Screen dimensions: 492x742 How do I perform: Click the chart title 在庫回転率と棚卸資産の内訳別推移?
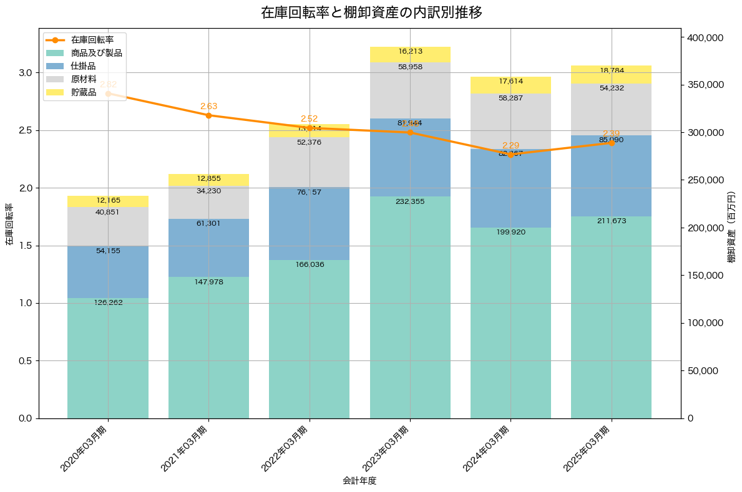pyautogui.click(x=371, y=12)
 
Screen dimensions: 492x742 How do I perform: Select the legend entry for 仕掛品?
pyautogui.click(x=83, y=66)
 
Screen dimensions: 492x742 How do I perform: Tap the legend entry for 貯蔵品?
pyautogui.click(x=83, y=92)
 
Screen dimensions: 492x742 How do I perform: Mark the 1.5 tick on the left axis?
pyautogui.click(x=25, y=246)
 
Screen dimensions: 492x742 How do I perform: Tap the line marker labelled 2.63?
pyautogui.click(x=208, y=115)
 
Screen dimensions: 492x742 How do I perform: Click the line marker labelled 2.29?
pyautogui.click(x=510, y=154)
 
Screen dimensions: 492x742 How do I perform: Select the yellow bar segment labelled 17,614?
pyautogui.click(x=510, y=85)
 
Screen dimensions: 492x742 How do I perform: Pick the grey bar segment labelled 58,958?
pyautogui.click(x=410, y=90)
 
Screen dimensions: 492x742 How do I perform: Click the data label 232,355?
pyautogui.click(x=410, y=201)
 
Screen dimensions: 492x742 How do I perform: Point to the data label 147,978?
pyautogui.click(x=208, y=282)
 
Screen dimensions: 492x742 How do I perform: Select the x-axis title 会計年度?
pyautogui.click(x=359, y=481)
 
